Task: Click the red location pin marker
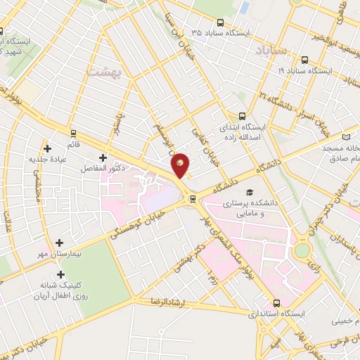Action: (181, 165)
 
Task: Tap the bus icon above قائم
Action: (73, 132)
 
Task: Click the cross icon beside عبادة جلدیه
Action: (48, 148)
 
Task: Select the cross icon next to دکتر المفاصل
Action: (104, 157)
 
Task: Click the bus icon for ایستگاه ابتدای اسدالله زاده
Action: (243, 117)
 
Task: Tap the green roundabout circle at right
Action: (302, 250)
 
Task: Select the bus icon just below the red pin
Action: (193, 199)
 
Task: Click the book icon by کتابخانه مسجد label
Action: (345, 137)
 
